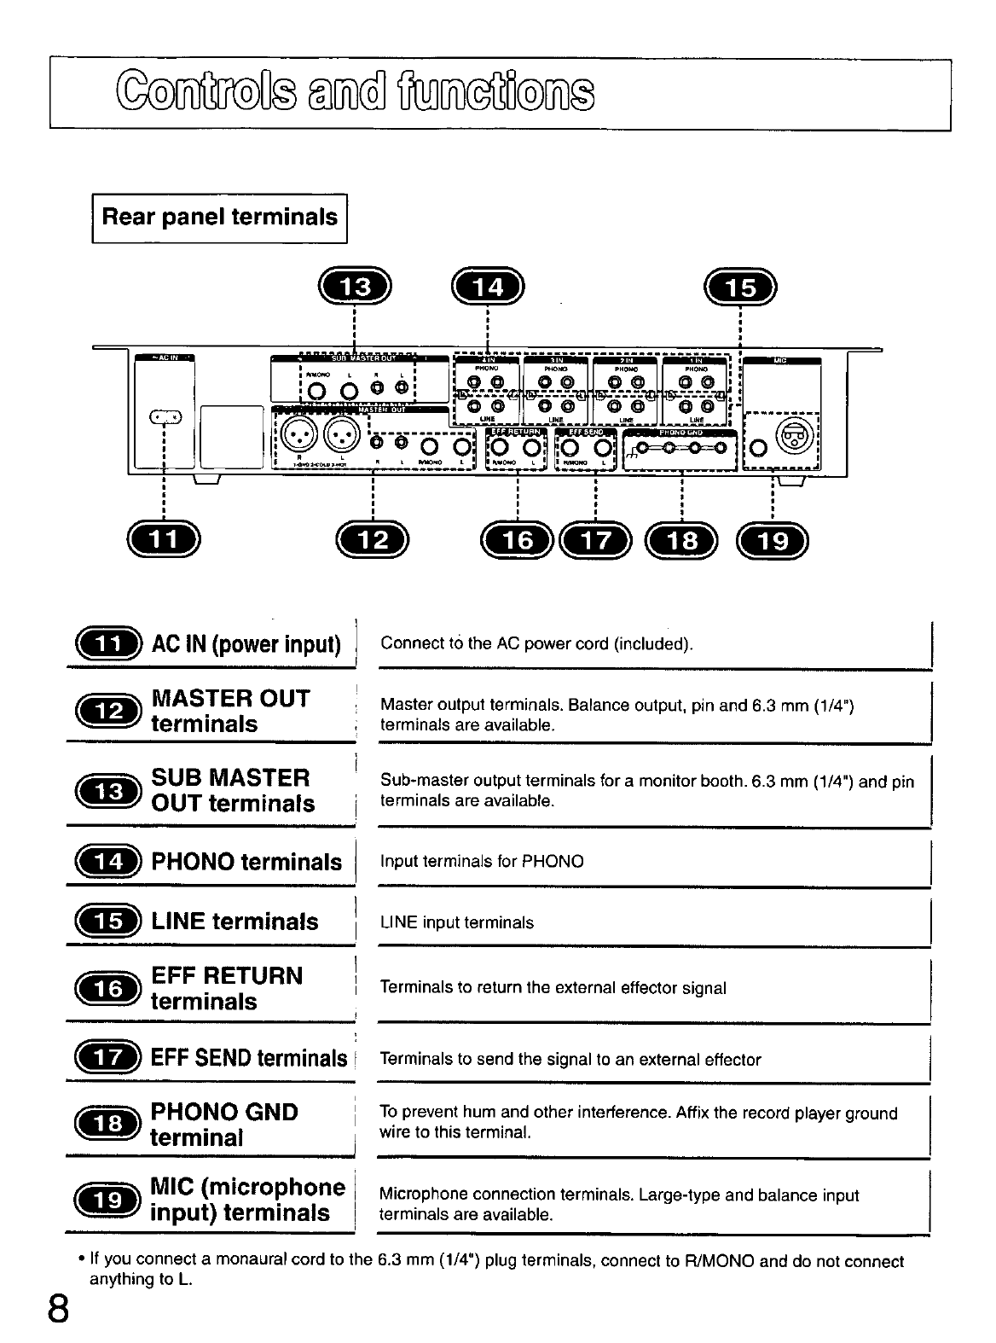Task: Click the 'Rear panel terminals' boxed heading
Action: (x=219, y=218)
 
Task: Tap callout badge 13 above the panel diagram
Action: (x=355, y=287)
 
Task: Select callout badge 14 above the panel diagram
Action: (x=488, y=287)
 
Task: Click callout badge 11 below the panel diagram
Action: (x=162, y=538)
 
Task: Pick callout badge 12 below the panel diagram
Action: (x=373, y=538)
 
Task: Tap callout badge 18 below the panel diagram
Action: (x=683, y=539)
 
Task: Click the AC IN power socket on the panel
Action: (x=165, y=416)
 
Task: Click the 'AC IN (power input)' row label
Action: (x=246, y=643)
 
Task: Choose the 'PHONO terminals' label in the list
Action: (x=246, y=862)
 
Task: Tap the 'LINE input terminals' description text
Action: (x=457, y=922)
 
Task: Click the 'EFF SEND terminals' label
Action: (x=249, y=1058)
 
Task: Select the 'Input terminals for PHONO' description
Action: (x=482, y=861)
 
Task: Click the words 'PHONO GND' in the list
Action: (x=224, y=1112)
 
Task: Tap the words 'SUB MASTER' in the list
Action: (x=230, y=777)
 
